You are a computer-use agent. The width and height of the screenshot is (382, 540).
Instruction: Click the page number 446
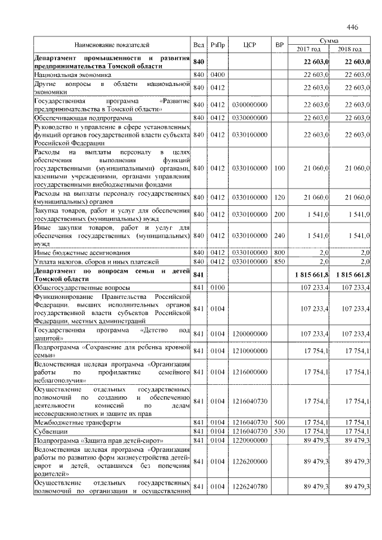(352, 27)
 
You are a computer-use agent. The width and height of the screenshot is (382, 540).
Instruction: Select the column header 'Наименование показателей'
(112, 45)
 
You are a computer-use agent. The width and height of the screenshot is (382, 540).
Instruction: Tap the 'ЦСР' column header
(249, 45)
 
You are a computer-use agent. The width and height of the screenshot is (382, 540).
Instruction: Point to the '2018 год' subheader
(350, 49)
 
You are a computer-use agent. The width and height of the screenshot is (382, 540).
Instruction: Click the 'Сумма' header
(329, 40)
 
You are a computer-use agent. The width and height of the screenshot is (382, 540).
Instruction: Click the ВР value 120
(279, 198)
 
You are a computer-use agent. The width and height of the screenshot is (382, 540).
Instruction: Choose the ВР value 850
(279, 262)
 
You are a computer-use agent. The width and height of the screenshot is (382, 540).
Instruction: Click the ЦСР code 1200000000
(249, 334)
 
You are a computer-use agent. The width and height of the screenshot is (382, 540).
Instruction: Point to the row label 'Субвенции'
(51, 431)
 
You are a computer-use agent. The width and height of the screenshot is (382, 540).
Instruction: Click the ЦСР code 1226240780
(249, 487)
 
